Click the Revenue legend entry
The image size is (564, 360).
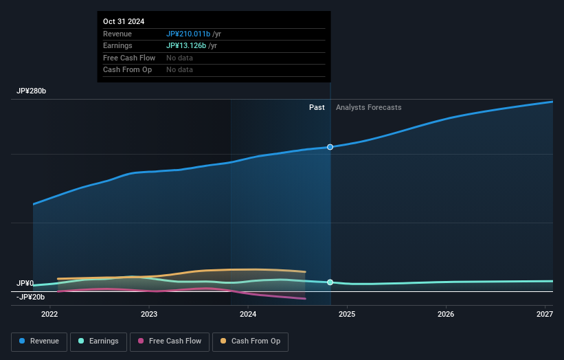(39, 341)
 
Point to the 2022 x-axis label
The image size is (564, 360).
(49, 315)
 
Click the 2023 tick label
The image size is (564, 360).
(149, 315)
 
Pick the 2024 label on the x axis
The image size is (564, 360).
(248, 315)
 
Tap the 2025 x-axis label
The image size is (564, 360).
(347, 315)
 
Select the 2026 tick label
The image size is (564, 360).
(446, 315)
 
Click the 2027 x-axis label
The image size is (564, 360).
(545, 315)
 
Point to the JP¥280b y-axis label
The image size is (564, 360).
(32, 91)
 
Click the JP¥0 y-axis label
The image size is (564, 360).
(25, 283)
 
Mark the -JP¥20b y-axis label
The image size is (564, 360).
(31, 297)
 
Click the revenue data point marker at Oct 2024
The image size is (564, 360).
(330, 147)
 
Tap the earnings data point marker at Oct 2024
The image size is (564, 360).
(330, 282)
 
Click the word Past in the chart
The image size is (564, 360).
(317, 107)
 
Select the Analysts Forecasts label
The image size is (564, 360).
(369, 107)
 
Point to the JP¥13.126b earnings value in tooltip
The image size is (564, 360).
(186, 46)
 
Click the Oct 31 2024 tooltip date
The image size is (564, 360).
(124, 22)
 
